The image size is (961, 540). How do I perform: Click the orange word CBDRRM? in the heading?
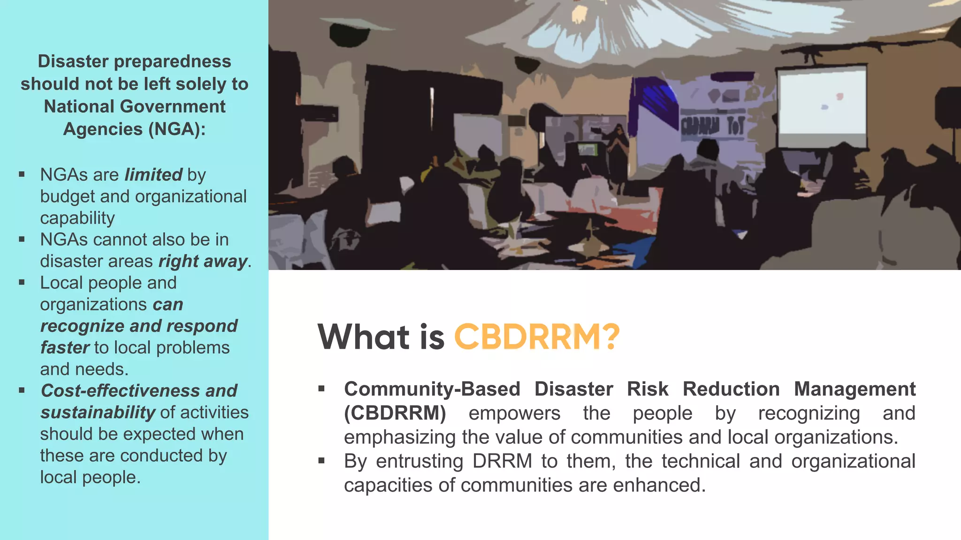coord(536,337)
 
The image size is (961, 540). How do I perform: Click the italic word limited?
coord(153,175)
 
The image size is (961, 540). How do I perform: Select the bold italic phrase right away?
coord(203,261)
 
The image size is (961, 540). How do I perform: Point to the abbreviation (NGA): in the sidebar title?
coord(177,129)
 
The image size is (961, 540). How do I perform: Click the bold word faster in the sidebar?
coord(64,348)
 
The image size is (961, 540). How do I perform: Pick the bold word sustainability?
coord(98,412)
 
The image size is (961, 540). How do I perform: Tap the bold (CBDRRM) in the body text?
coord(395,413)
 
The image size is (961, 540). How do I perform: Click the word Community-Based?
coord(432,389)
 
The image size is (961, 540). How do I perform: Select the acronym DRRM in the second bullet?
coord(502,461)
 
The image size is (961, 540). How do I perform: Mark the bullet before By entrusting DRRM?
coord(321,461)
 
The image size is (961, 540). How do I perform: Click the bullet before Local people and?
coord(22,283)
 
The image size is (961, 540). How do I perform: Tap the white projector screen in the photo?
coord(822,105)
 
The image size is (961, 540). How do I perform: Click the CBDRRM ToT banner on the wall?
coord(712,126)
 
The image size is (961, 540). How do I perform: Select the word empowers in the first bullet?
coord(514,413)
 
